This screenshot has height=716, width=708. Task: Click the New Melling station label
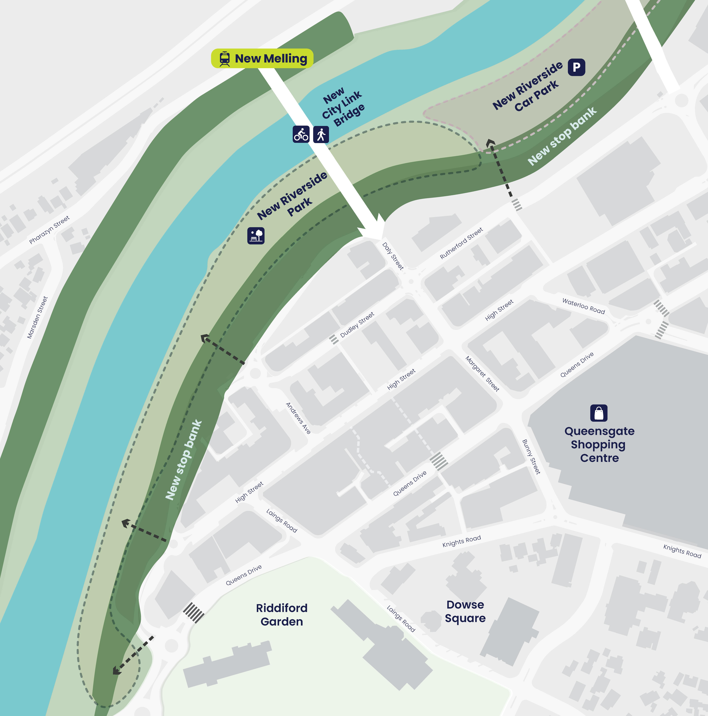point(271,59)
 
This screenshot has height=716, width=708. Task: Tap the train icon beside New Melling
point(225,59)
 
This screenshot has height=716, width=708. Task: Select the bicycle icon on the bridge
point(301,134)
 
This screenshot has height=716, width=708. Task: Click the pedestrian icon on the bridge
point(321,134)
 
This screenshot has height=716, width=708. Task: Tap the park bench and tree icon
point(256,235)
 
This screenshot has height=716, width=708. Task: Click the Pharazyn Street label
point(49,230)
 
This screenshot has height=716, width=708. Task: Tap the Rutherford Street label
point(461,243)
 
